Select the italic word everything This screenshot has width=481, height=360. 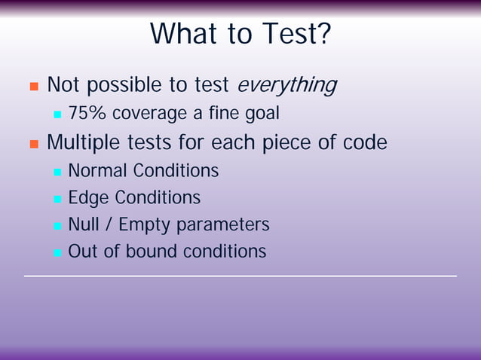(286, 86)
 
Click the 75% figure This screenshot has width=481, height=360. (87, 114)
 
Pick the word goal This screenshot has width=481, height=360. (260, 114)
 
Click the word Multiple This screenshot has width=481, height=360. (82, 142)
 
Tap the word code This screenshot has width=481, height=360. (364, 142)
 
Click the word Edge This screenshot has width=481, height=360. (87, 198)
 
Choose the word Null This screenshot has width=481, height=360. (84, 224)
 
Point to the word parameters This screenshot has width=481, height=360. (225, 225)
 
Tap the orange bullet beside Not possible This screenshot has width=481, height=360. (33, 87)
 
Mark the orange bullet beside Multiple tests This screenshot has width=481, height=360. (33, 143)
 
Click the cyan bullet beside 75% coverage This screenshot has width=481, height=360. (57, 115)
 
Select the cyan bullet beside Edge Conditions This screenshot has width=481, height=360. (57, 199)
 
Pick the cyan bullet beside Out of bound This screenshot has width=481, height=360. (57, 252)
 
